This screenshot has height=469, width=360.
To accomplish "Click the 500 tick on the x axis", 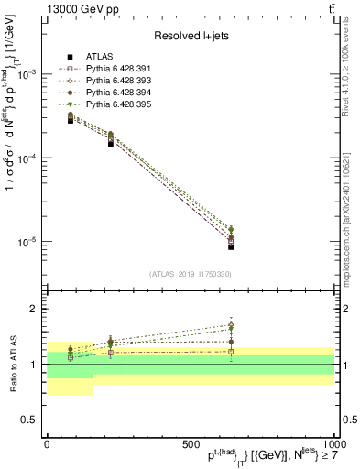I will pos(190,443).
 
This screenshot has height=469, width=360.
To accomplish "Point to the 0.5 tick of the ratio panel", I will pos(29,420).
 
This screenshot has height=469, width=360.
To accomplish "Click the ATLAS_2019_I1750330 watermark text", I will pos(190,274).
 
